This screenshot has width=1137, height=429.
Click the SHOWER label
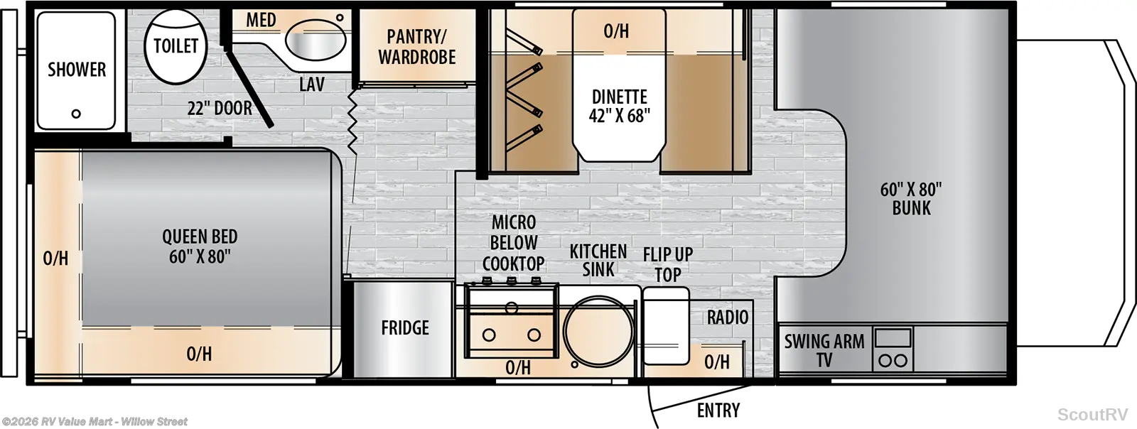pos(77,70)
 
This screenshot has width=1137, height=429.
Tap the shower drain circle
pos(76,114)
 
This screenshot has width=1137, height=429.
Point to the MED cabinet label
pos(262,21)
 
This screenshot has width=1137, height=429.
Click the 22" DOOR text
pos(220,108)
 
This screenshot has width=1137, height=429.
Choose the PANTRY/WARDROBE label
pos(416,47)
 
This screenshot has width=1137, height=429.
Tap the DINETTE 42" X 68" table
pos(619,107)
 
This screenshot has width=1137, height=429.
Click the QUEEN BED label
pos(200,246)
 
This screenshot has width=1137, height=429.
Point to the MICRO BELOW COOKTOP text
pos(514,243)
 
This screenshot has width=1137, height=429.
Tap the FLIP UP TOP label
pos(668,264)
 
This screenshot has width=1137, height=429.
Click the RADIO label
pos(728,317)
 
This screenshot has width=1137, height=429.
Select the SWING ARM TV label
pos(824,350)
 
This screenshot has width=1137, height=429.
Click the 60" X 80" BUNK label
pos(911,199)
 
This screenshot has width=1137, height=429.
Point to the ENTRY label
pos(718,411)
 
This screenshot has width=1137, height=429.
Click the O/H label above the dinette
pos(616,31)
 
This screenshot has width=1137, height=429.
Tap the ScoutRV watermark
pos(1092,414)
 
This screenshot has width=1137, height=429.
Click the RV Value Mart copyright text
pos(95,421)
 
